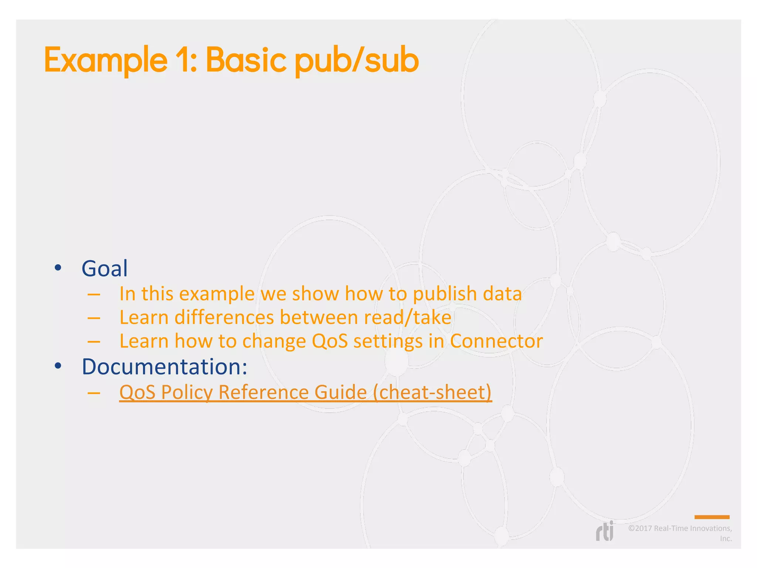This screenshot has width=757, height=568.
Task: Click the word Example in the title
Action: tap(106, 60)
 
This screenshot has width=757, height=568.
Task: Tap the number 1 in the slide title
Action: tap(184, 60)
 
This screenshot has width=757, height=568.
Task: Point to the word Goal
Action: tap(105, 268)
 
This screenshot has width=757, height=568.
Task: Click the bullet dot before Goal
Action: tap(58, 268)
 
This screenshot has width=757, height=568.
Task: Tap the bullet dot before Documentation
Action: tap(58, 366)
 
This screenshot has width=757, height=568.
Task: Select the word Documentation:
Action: tap(164, 366)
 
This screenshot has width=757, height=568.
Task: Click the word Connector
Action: tap(496, 341)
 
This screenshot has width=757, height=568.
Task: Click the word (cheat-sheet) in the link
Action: tap(432, 392)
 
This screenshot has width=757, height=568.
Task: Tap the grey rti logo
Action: tap(605, 532)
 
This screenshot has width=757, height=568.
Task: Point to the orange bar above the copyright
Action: tap(712, 517)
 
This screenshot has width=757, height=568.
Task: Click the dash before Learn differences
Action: tap(94, 318)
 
